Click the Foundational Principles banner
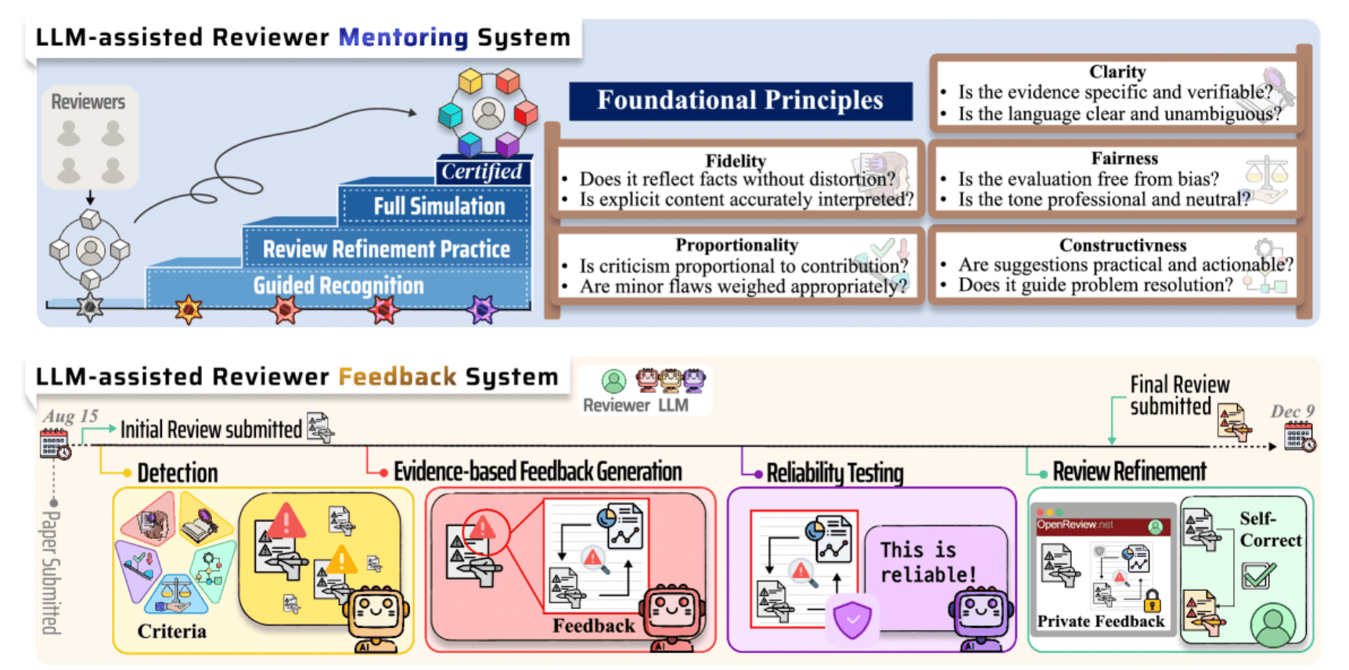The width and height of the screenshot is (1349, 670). tap(739, 101)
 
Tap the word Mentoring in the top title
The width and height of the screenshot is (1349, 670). tap(403, 38)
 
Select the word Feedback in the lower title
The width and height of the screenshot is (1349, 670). tap(397, 377)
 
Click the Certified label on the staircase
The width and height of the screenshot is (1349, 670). tap(482, 171)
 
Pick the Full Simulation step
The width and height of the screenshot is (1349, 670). tap(439, 207)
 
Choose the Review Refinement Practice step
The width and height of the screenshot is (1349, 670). tap(386, 250)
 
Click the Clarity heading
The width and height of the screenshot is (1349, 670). tap(1117, 72)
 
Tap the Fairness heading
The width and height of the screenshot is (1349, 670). tap(1124, 159)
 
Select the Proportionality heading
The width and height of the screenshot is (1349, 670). tap(736, 245)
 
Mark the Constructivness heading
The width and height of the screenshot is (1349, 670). tap(1122, 246)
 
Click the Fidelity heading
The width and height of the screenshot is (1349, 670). tap(736, 160)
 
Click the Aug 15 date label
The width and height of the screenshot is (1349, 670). tap(70, 416)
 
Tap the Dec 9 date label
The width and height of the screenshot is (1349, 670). tap(1292, 412)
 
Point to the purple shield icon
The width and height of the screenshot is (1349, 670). tap(852, 618)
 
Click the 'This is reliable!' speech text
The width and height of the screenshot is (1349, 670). tap(928, 562)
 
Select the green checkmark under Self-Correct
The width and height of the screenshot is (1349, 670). tap(1258, 576)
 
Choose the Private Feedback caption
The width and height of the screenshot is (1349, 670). tap(1100, 621)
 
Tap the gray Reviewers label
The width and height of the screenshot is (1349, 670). tap(88, 102)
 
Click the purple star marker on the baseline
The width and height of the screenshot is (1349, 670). tap(482, 310)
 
